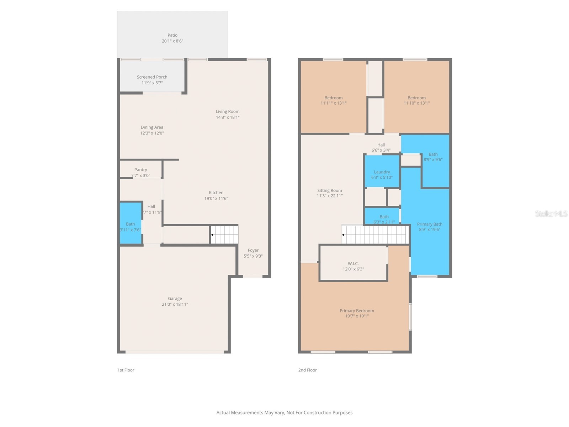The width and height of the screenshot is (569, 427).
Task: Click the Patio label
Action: (172, 35)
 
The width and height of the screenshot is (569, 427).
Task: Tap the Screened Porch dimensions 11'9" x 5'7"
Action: (152, 83)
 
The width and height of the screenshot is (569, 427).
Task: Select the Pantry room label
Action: (140, 170)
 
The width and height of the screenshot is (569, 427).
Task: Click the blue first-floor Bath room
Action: (131, 223)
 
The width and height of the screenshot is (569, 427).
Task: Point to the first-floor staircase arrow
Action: (212, 235)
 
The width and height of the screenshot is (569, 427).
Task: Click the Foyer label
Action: (253, 250)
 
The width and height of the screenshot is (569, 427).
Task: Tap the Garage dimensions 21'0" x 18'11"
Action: (175, 304)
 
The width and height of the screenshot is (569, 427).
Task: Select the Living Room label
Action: (228, 111)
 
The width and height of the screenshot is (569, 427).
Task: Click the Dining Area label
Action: (152, 127)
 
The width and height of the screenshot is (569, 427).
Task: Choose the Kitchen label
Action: (216, 193)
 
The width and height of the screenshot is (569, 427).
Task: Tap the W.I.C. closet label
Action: (353, 264)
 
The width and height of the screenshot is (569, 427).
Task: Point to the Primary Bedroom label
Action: (357, 311)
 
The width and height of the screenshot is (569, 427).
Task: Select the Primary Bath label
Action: (430, 224)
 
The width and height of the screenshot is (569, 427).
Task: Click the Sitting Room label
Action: (330, 190)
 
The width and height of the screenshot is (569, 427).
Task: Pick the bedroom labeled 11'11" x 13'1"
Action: (333, 98)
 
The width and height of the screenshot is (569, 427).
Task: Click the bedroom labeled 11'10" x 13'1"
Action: (416, 98)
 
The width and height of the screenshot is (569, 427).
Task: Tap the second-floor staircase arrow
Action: (343, 235)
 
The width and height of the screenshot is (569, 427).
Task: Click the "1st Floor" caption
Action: (126, 370)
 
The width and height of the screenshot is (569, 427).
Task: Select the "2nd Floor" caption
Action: (307, 370)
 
